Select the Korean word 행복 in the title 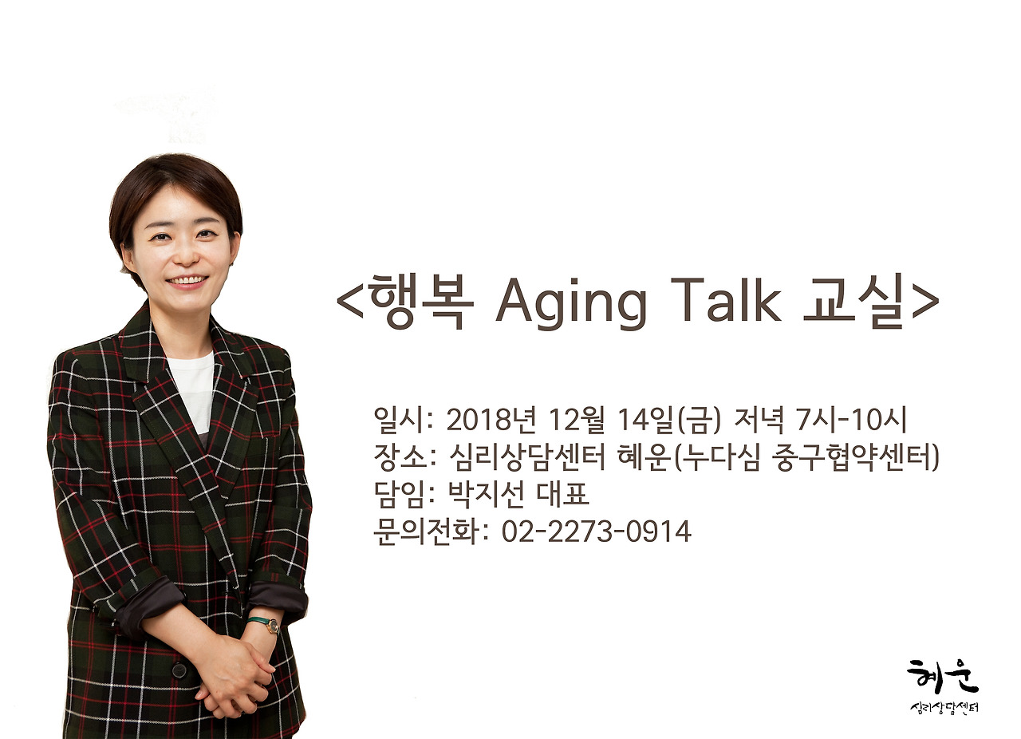(x=420, y=302)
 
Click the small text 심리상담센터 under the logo (x=944, y=708)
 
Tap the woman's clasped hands (x=231, y=674)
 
